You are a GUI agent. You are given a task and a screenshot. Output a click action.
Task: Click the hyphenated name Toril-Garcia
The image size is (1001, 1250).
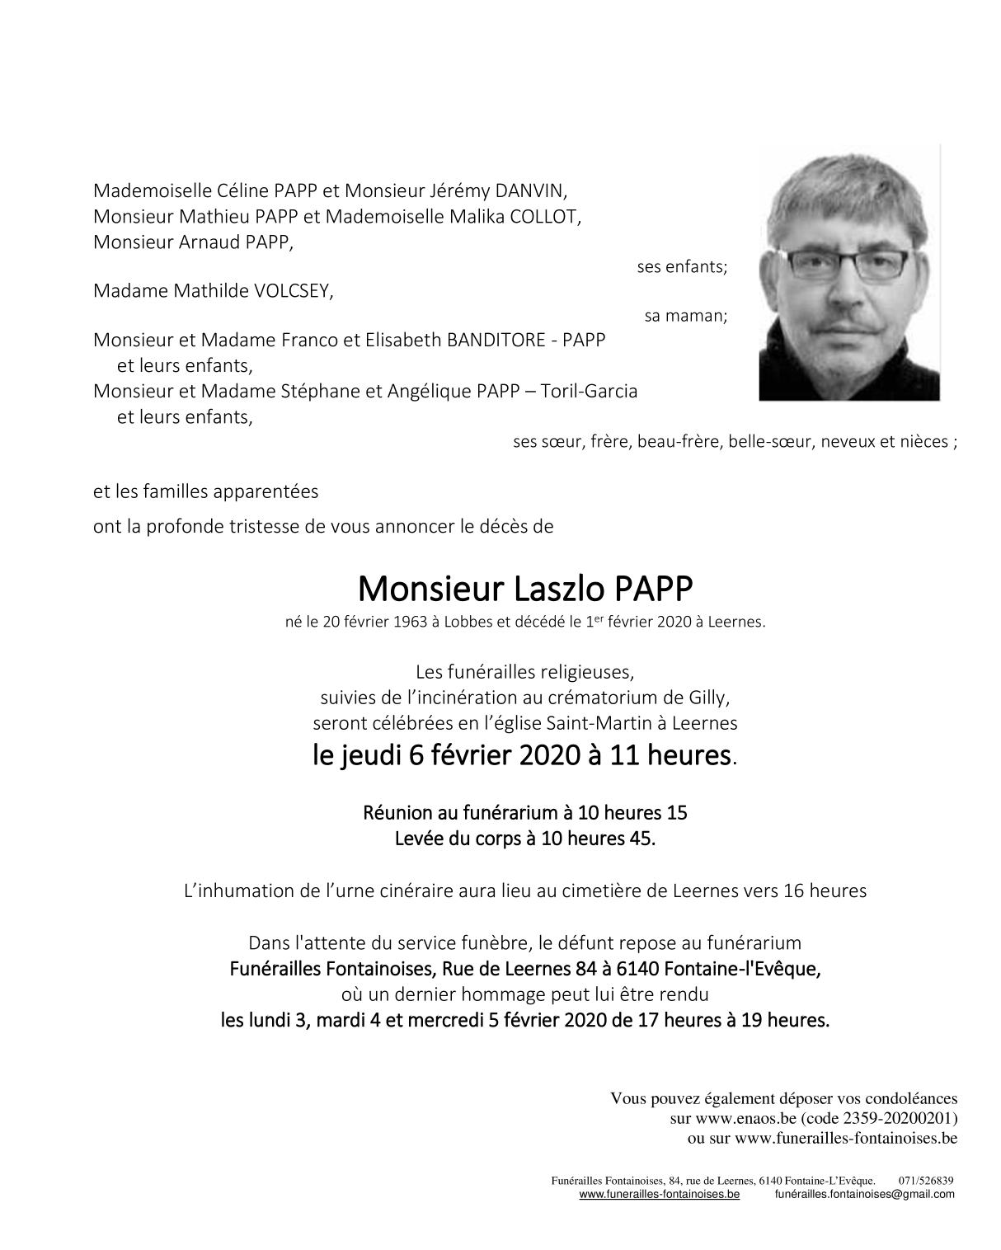click(x=589, y=391)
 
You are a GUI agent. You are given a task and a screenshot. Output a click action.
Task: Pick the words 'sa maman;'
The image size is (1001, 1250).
click(x=686, y=317)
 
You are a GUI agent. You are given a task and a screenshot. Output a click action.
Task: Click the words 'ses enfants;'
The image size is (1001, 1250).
click(x=682, y=267)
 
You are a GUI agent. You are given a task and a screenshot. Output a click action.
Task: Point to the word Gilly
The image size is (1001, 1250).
click(x=707, y=698)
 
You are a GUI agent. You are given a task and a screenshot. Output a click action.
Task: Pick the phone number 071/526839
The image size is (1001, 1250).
click(x=926, y=1181)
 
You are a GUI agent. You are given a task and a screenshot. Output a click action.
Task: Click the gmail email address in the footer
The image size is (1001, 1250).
click(x=865, y=1195)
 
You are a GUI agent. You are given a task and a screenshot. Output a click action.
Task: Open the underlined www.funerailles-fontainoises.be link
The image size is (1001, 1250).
click(x=659, y=1195)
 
